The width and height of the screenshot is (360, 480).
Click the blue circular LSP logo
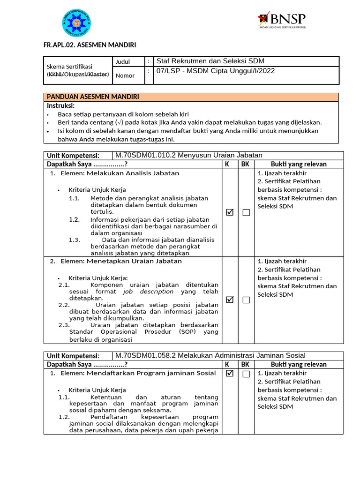click(76, 23)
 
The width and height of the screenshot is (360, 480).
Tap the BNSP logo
click(282, 20)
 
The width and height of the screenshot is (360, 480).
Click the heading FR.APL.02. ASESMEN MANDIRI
click(90, 45)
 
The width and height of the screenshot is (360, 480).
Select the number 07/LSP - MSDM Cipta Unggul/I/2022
click(215, 71)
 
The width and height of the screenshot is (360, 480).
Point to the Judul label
click(123, 62)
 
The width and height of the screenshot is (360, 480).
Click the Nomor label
click(125, 75)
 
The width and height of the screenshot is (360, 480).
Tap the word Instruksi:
click(60, 105)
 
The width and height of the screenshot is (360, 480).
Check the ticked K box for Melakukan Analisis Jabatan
click(230, 212)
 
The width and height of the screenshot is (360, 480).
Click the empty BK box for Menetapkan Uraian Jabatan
click(246, 300)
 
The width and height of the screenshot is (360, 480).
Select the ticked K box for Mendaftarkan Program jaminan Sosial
click(230, 374)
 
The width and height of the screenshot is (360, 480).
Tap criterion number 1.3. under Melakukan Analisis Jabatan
click(75, 240)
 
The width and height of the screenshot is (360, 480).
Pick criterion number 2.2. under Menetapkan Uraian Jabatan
click(64, 305)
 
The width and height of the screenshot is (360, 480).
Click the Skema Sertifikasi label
click(69, 67)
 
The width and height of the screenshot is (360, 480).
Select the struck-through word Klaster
click(98, 74)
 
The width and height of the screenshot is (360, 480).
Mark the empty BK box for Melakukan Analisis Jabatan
click(246, 213)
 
